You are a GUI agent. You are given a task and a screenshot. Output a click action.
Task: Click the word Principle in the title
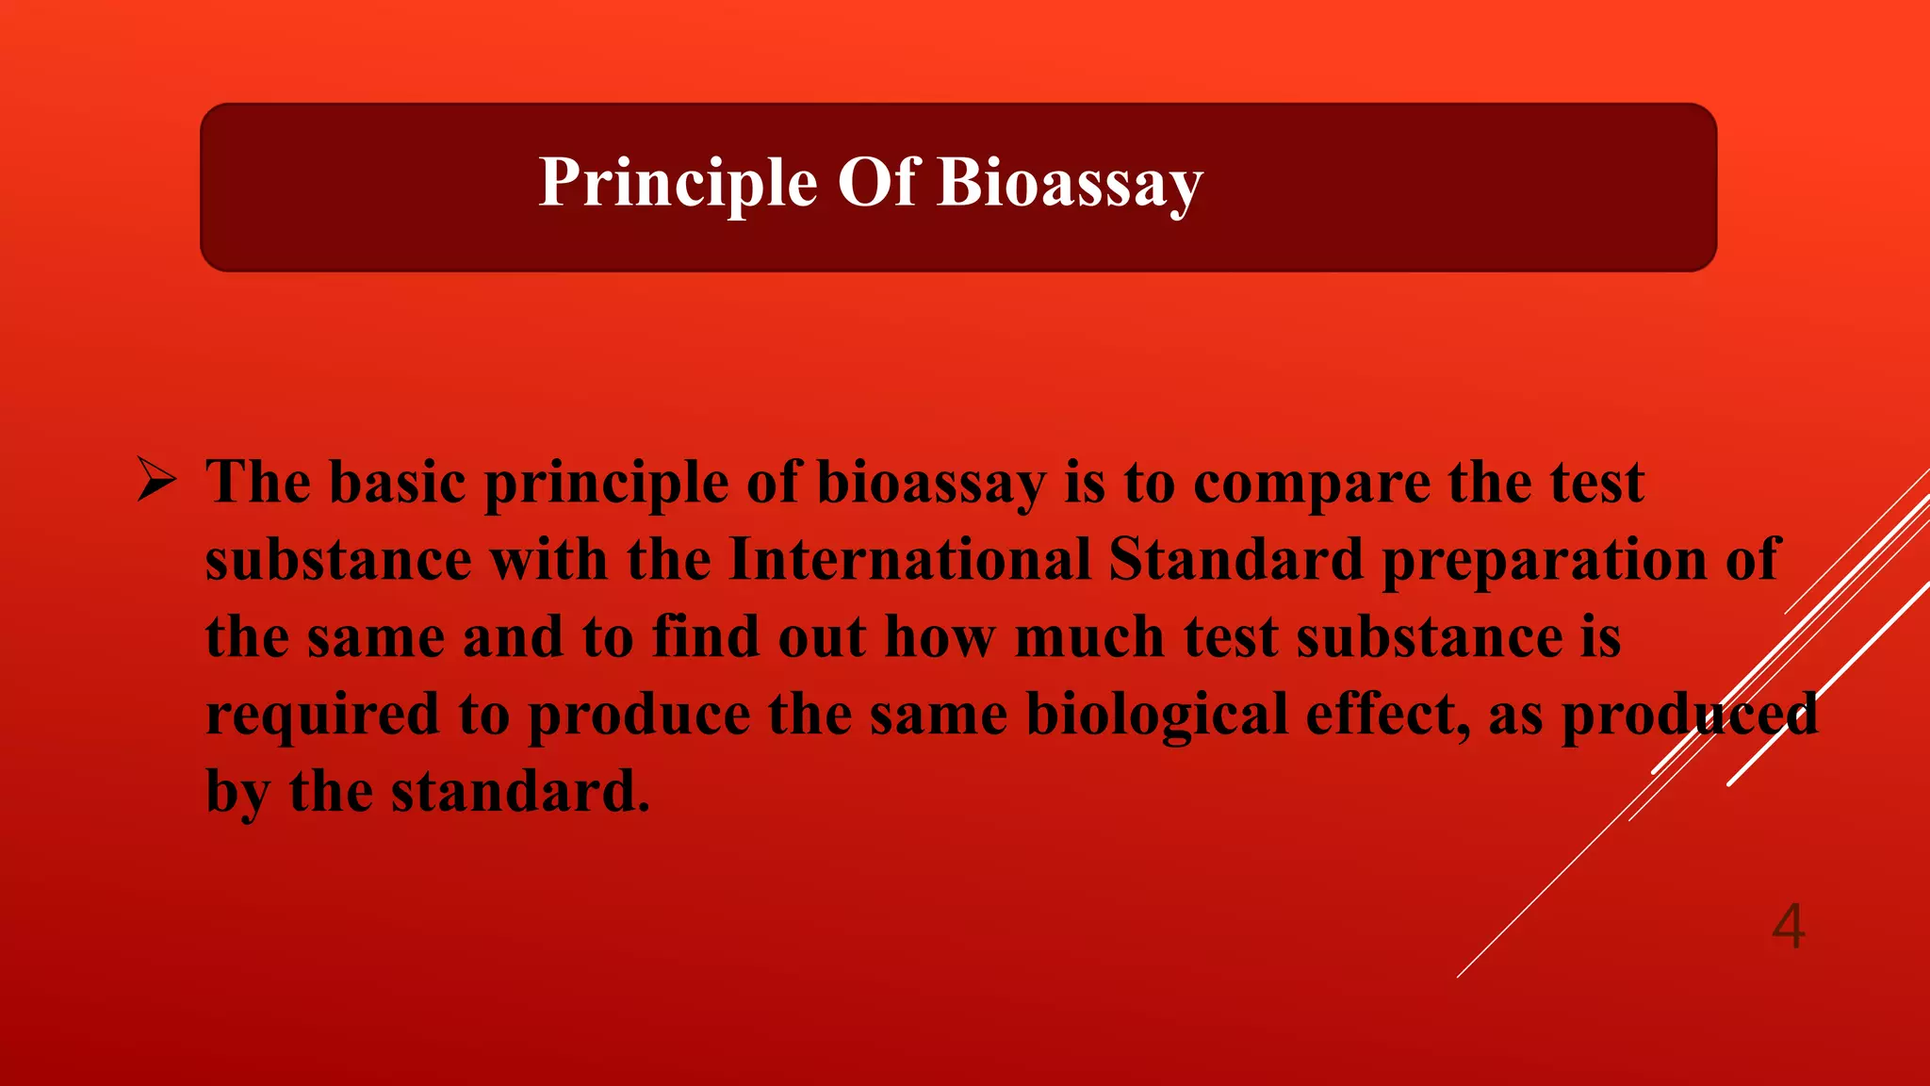click(x=678, y=182)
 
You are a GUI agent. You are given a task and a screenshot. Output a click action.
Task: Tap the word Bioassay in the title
click(x=1070, y=182)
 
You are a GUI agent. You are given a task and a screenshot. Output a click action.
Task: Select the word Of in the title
click(x=876, y=182)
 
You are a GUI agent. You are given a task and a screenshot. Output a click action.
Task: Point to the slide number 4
click(x=1788, y=926)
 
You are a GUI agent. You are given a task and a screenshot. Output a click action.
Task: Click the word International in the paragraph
click(x=909, y=559)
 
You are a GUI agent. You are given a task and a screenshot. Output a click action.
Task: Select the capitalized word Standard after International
click(x=1235, y=559)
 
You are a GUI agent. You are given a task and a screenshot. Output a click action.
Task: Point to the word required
click(x=323, y=716)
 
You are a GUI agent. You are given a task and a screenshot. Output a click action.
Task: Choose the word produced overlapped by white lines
click(x=1690, y=716)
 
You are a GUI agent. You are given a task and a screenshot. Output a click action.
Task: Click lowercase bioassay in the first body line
click(x=931, y=485)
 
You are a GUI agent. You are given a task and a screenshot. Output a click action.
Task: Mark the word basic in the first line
click(x=397, y=483)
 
